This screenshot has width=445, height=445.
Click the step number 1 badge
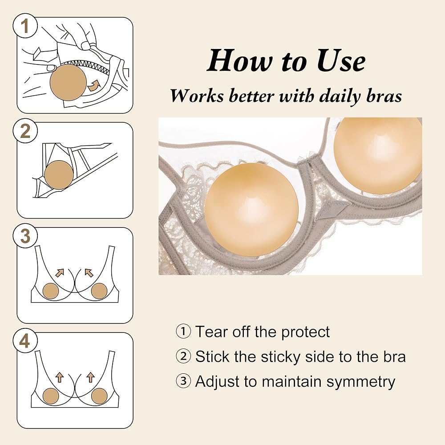(25, 26)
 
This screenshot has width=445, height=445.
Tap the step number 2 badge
(25, 131)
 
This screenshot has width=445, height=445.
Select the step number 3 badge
(25, 236)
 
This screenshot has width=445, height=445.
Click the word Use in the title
(341, 61)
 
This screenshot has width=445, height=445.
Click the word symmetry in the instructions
(360, 382)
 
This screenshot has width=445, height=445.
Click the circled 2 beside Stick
(183, 356)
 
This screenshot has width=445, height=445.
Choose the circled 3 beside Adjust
(183, 381)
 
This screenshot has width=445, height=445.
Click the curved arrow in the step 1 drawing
(93, 85)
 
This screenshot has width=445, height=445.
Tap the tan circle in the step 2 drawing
(59, 175)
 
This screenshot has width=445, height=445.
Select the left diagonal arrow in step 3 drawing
(60, 272)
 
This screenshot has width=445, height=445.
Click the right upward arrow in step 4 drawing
(90, 377)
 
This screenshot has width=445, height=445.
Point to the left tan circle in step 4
(51, 396)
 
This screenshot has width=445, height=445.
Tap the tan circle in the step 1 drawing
(68, 83)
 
